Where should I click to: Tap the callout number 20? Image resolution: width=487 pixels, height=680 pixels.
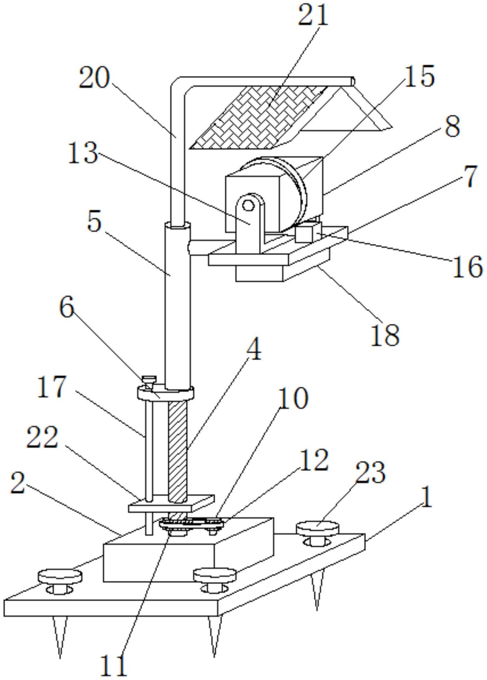(94, 79)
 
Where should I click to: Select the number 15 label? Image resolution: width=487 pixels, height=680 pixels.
(419, 77)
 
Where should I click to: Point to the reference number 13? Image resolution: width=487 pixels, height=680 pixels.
(83, 153)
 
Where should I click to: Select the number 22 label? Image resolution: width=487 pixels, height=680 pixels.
(42, 437)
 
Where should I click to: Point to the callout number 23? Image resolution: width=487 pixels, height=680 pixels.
(370, 473)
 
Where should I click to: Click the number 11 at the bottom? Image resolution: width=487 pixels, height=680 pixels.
(114, 665)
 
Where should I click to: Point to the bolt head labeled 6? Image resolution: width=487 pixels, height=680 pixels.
(149, 379)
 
